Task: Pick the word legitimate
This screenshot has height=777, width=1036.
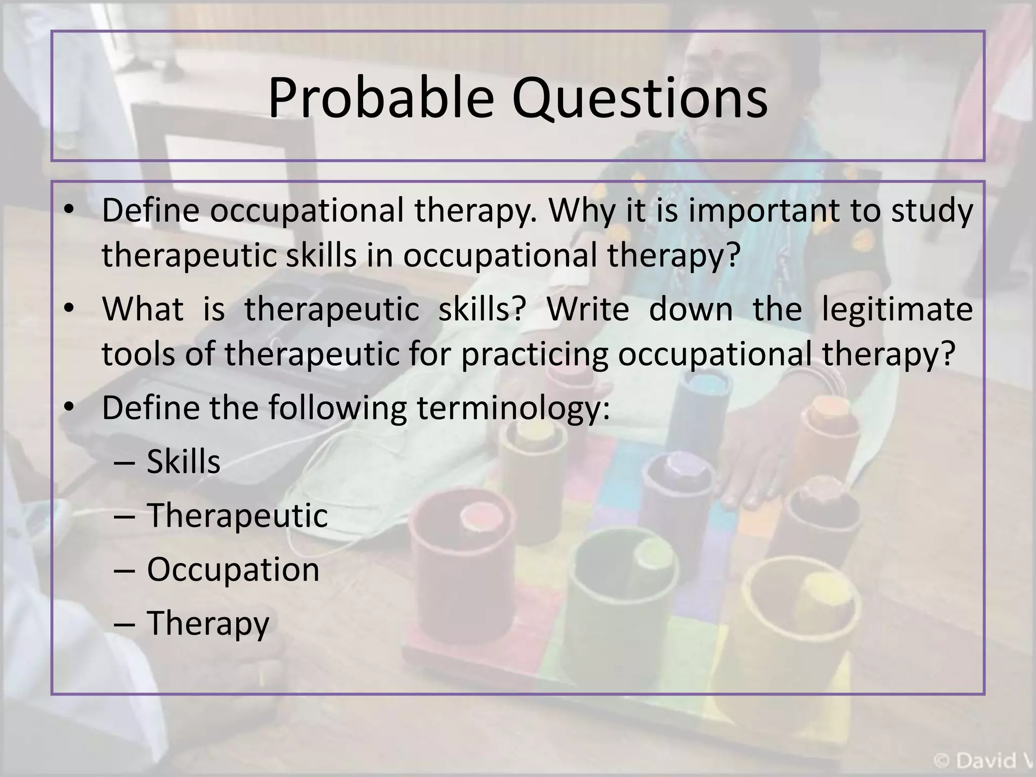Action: [x=897, y=310]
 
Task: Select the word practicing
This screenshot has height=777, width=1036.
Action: [x=534, y=354]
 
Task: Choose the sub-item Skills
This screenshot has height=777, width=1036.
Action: [x=184, y=462]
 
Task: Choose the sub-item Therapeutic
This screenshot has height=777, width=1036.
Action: [x=237, y=516]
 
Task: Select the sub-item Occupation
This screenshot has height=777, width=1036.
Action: [x=233, y=570]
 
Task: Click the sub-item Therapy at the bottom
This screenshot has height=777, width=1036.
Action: [x=208, y=624]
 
